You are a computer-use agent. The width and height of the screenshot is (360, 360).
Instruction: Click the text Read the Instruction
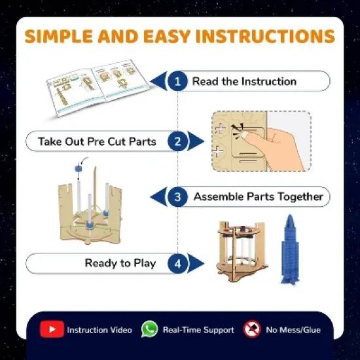click(x=244, y=82)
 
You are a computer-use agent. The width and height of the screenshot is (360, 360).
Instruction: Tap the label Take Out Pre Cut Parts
click(x=97, y=141)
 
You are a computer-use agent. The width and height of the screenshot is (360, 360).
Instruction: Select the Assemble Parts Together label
click(x=258, y=196)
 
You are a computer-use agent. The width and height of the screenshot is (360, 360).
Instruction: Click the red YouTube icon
click(x=52, y=329)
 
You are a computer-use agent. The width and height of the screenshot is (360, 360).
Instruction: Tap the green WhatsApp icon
click(x=150, y=329)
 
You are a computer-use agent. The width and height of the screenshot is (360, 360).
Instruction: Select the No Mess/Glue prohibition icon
click(x=252, y=329)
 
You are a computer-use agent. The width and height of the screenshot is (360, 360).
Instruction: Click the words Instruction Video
click(x=99, y=330)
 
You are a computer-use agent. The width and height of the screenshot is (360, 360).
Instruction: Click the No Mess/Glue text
click(x=293, y=330)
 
